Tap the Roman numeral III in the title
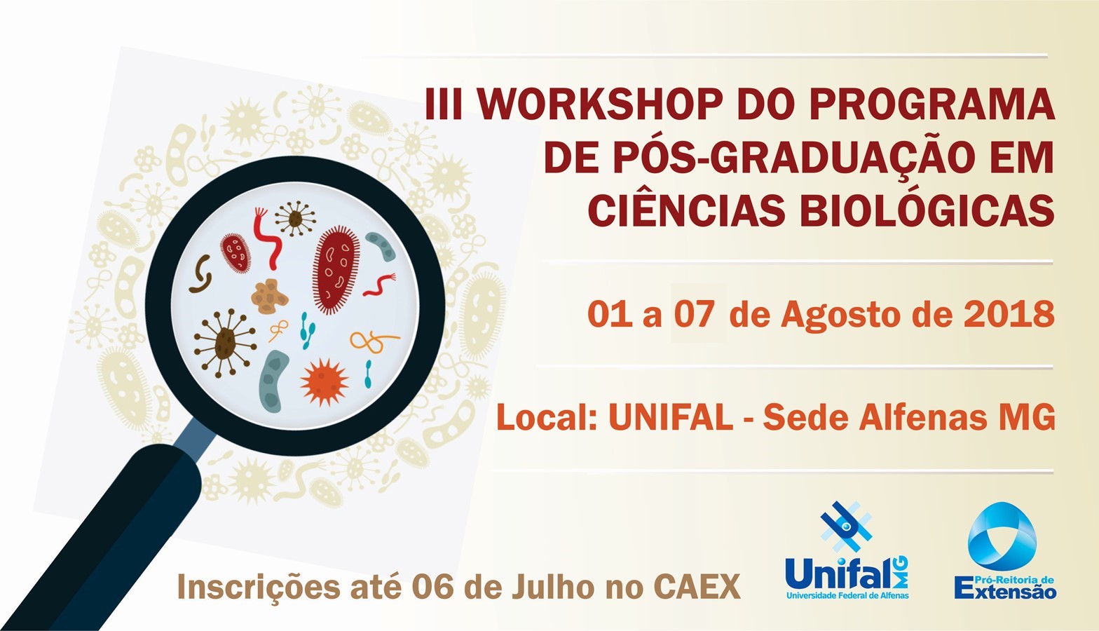(x=443, y=104)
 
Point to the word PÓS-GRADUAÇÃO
(x=759, y=156)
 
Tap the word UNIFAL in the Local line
(x=671, y=418)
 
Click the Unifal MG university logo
(x=847, y=551)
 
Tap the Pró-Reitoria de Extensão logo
(x=1005, y=551)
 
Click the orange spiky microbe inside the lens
(x=325, y=382)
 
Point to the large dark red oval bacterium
(x=336, y=269)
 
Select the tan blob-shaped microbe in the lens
(x=269, y=297)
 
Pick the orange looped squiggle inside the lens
(x=374, y=341)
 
